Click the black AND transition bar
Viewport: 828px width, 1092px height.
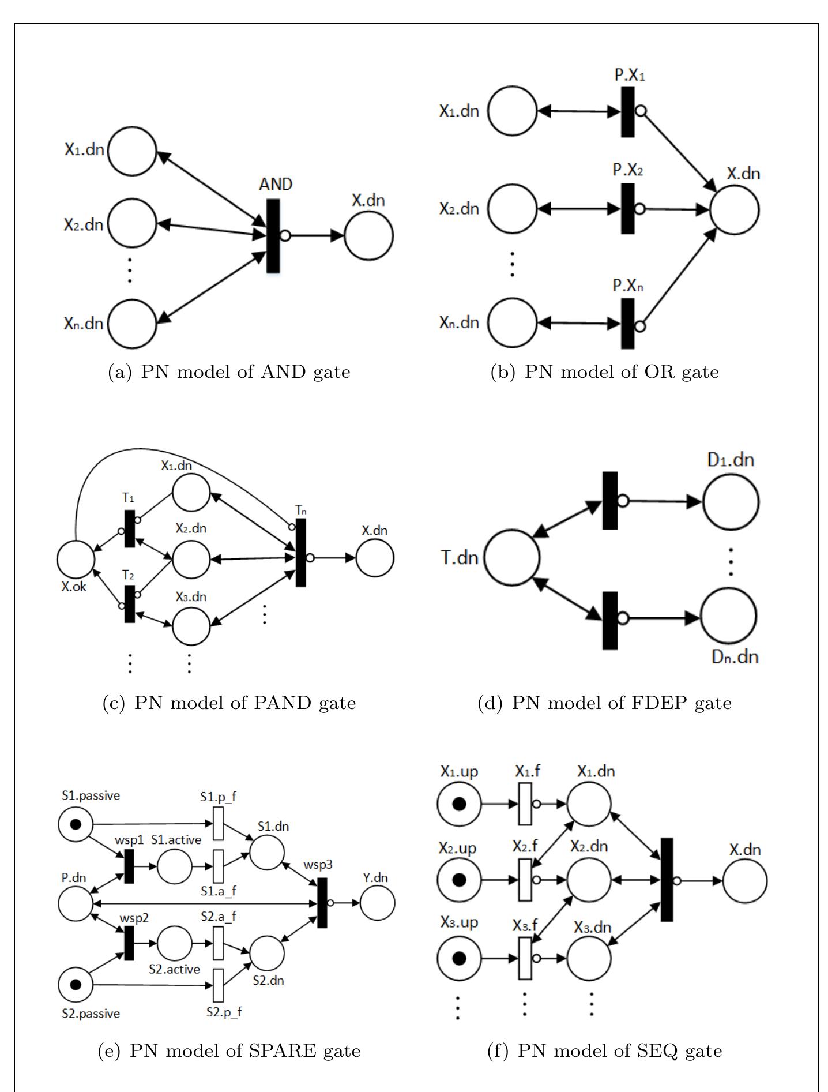pos(273,235)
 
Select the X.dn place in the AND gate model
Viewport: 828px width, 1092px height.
pos(368,235)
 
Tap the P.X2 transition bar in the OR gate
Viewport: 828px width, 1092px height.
pos(627,208)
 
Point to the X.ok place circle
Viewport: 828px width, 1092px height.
pos(76,559)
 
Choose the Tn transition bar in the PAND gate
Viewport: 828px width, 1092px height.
pos(300,553)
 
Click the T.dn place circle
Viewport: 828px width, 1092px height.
pos(512,558)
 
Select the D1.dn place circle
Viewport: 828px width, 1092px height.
pos(731,502)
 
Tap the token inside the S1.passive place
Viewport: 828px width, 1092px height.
pos(76,824)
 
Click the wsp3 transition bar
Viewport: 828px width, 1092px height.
pos(322,903)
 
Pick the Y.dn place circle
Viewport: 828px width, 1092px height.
pos(378,903)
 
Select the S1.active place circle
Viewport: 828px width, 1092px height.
pos(174,866)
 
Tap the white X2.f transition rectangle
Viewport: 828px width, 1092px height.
pos(525,880)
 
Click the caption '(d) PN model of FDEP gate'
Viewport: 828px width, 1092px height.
pos(605,703)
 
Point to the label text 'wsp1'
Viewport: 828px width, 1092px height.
pos(129,840)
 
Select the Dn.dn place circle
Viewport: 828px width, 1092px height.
pos(729,616)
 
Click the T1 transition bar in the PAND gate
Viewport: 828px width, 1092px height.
pos(129,528)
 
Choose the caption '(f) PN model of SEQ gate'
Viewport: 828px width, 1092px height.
pos(605,1050)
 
